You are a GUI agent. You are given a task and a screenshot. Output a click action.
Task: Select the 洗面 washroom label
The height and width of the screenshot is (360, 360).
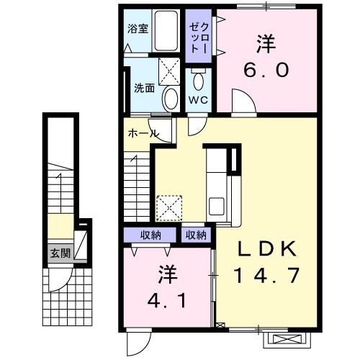(x=144, y=89)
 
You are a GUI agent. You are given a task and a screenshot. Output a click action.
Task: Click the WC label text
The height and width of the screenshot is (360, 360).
(x=198, y=100)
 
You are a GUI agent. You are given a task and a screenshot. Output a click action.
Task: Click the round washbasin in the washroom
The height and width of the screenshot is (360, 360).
(x=171, y=99)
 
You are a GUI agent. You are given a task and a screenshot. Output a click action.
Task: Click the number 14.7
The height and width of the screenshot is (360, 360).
(x=266, y=274)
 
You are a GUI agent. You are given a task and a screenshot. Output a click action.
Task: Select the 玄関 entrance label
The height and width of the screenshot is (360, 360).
(x=60, y=253)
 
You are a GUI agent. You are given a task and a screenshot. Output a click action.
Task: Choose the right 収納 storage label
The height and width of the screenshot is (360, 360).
(x=196, y=235)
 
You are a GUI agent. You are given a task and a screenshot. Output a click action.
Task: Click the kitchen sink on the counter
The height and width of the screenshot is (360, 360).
(x=215, y=203)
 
